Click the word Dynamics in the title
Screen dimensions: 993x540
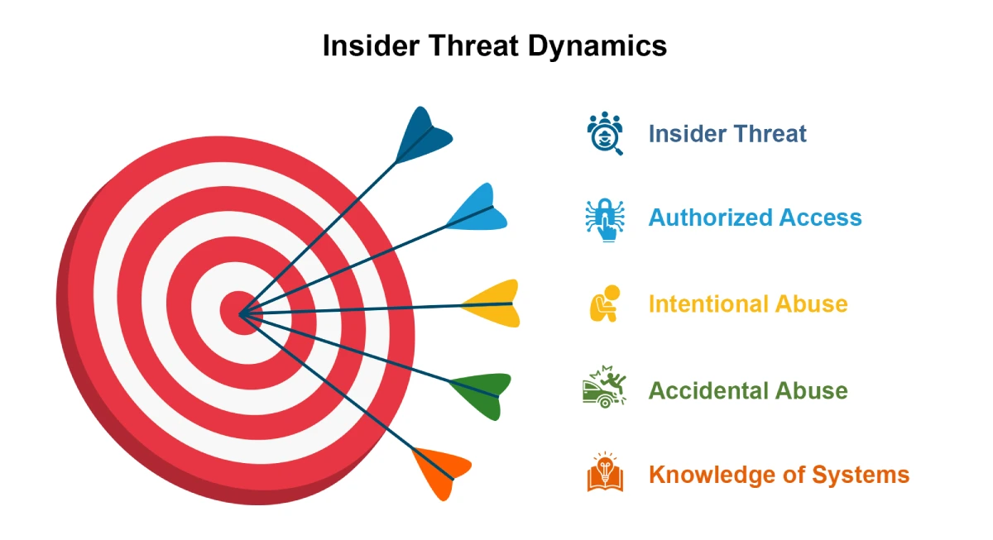597,45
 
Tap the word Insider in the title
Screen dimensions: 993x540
371,45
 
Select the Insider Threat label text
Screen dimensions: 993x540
727,134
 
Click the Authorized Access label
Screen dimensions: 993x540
755,217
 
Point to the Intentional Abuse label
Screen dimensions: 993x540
748,303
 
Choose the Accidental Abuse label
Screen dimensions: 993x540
748,390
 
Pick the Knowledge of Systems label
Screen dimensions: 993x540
780,475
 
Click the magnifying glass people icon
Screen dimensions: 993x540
605,133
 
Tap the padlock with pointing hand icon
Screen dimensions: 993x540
605,220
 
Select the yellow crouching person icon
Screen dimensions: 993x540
604,303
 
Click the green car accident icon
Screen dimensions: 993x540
604,387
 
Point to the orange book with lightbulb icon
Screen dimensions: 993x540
605,472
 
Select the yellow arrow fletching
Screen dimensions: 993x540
493,303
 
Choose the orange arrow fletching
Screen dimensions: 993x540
441,471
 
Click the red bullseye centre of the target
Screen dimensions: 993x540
242,313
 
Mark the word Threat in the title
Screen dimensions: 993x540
473,45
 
